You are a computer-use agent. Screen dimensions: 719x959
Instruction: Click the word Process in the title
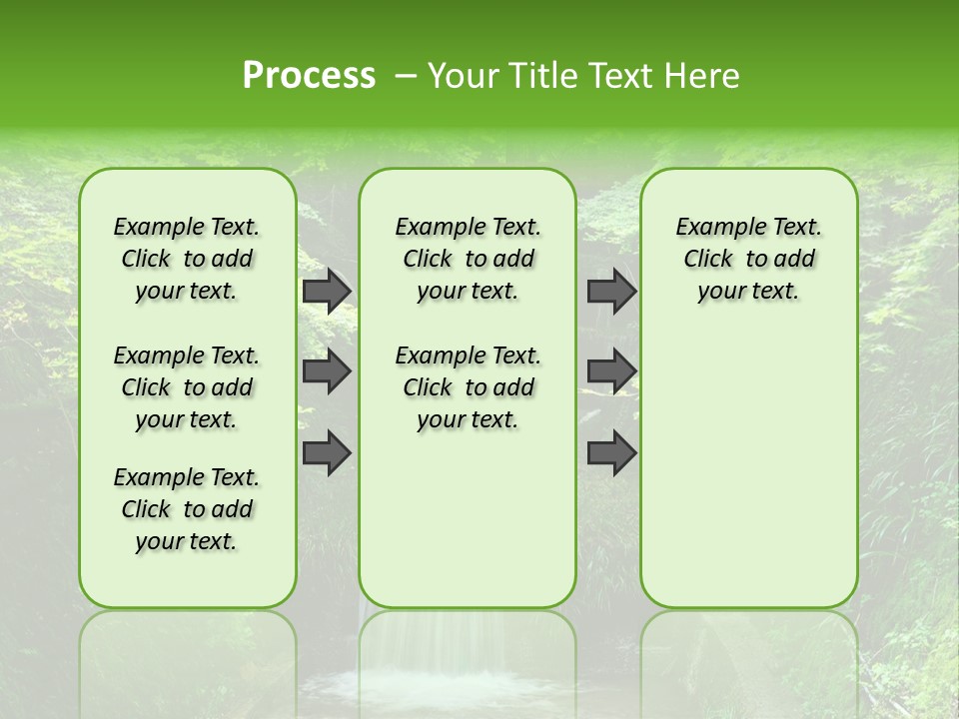click(309, 76)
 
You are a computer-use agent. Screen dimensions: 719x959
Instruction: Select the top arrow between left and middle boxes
click(327, 291)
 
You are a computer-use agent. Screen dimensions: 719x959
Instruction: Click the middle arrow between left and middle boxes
click(327, 371)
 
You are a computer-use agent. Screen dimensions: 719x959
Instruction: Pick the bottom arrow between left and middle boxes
click(327, 452)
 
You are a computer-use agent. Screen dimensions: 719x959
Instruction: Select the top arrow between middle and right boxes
click(611, 291)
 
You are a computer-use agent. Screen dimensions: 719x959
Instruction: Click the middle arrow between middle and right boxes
click(611, 371)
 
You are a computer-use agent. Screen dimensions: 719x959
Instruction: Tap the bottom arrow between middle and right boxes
click(611, 452)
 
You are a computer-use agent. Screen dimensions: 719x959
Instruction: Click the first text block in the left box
click(187, 259)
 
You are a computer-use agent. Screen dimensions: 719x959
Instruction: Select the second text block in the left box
click(187, 387)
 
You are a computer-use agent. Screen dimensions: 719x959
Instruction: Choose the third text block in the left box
click(187, 509)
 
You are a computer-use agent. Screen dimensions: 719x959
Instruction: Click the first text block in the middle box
click(468, 259)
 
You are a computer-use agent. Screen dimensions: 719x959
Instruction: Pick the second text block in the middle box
click(468, 387)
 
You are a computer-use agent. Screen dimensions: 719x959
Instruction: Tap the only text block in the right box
click(748, 259)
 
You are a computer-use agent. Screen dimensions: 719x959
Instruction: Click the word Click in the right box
click(708, 260)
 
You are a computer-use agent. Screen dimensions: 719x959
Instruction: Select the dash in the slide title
click(406, 76)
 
